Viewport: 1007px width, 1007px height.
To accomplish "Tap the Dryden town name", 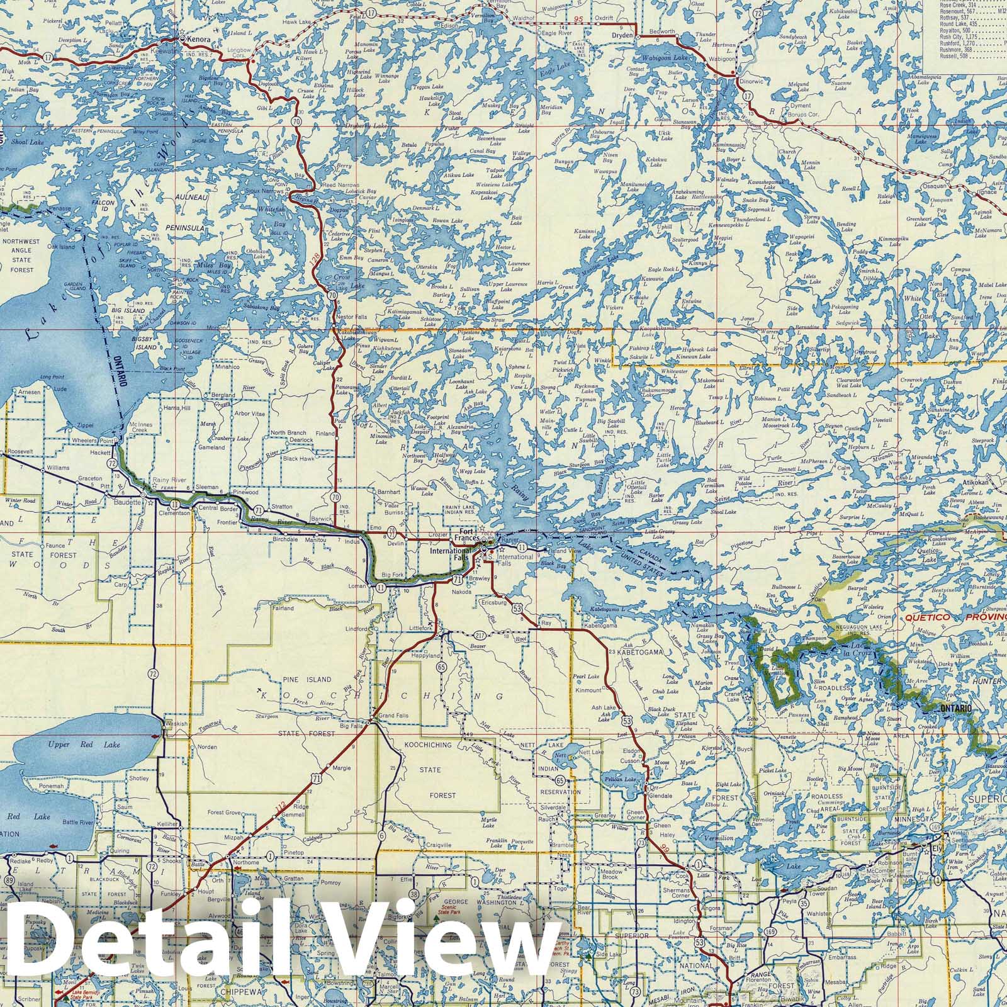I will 619,35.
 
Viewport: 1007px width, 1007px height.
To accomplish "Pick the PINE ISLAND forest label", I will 306,680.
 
